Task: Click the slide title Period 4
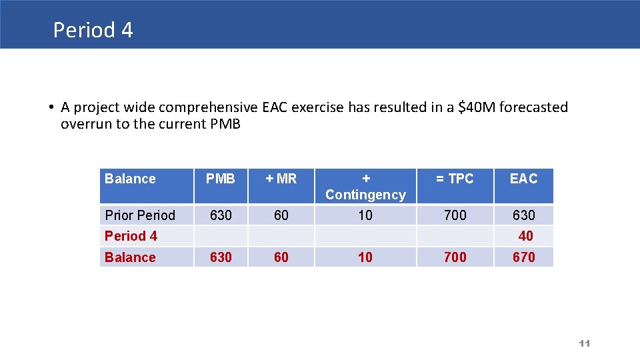click(93, 30)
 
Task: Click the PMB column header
click(220, 179)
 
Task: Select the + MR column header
click(281, 179)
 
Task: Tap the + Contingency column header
click(365, 187)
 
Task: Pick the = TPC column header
click(455, 179)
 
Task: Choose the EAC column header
click(523, 179)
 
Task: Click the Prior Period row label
click(140, 215)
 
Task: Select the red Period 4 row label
click(131, 236)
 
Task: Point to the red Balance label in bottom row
click(130, 257)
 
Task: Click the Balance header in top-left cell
click(130, 179)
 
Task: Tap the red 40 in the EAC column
click(525, 236)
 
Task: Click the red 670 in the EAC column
click(523, 257)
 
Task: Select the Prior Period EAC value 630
click(523, 215)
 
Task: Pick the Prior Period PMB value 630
click(221, 215)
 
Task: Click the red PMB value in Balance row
click(221, 257)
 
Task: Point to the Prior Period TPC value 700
click(455, 215)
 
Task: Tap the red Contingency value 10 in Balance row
click(365, 257)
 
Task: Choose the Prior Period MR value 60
click(281, 215)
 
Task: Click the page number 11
click(585, 343)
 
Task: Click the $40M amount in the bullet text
click(477, 107)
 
